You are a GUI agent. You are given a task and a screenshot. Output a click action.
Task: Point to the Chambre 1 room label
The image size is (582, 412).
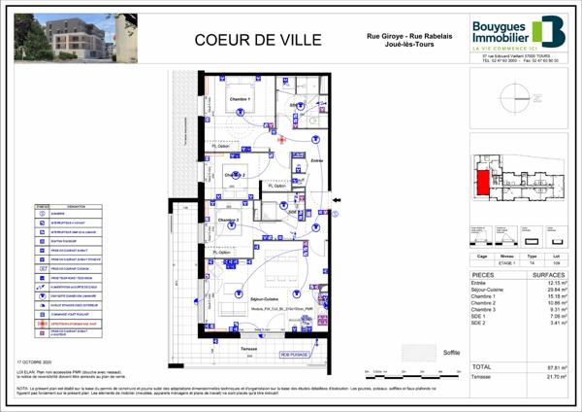(x=240, y=100)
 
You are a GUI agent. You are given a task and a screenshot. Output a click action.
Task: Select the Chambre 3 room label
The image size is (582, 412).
(x=230, y=221)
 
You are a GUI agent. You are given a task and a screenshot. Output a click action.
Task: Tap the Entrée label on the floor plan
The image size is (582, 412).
(x=317, y=162)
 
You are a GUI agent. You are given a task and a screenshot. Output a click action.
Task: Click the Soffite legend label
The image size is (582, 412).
(x=450, y=352)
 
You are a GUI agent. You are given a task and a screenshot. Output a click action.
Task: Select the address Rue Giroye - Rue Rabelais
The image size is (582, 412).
(x=401, y=37)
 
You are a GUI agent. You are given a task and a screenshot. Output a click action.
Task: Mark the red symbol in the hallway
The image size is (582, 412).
(x=281, y=139)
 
